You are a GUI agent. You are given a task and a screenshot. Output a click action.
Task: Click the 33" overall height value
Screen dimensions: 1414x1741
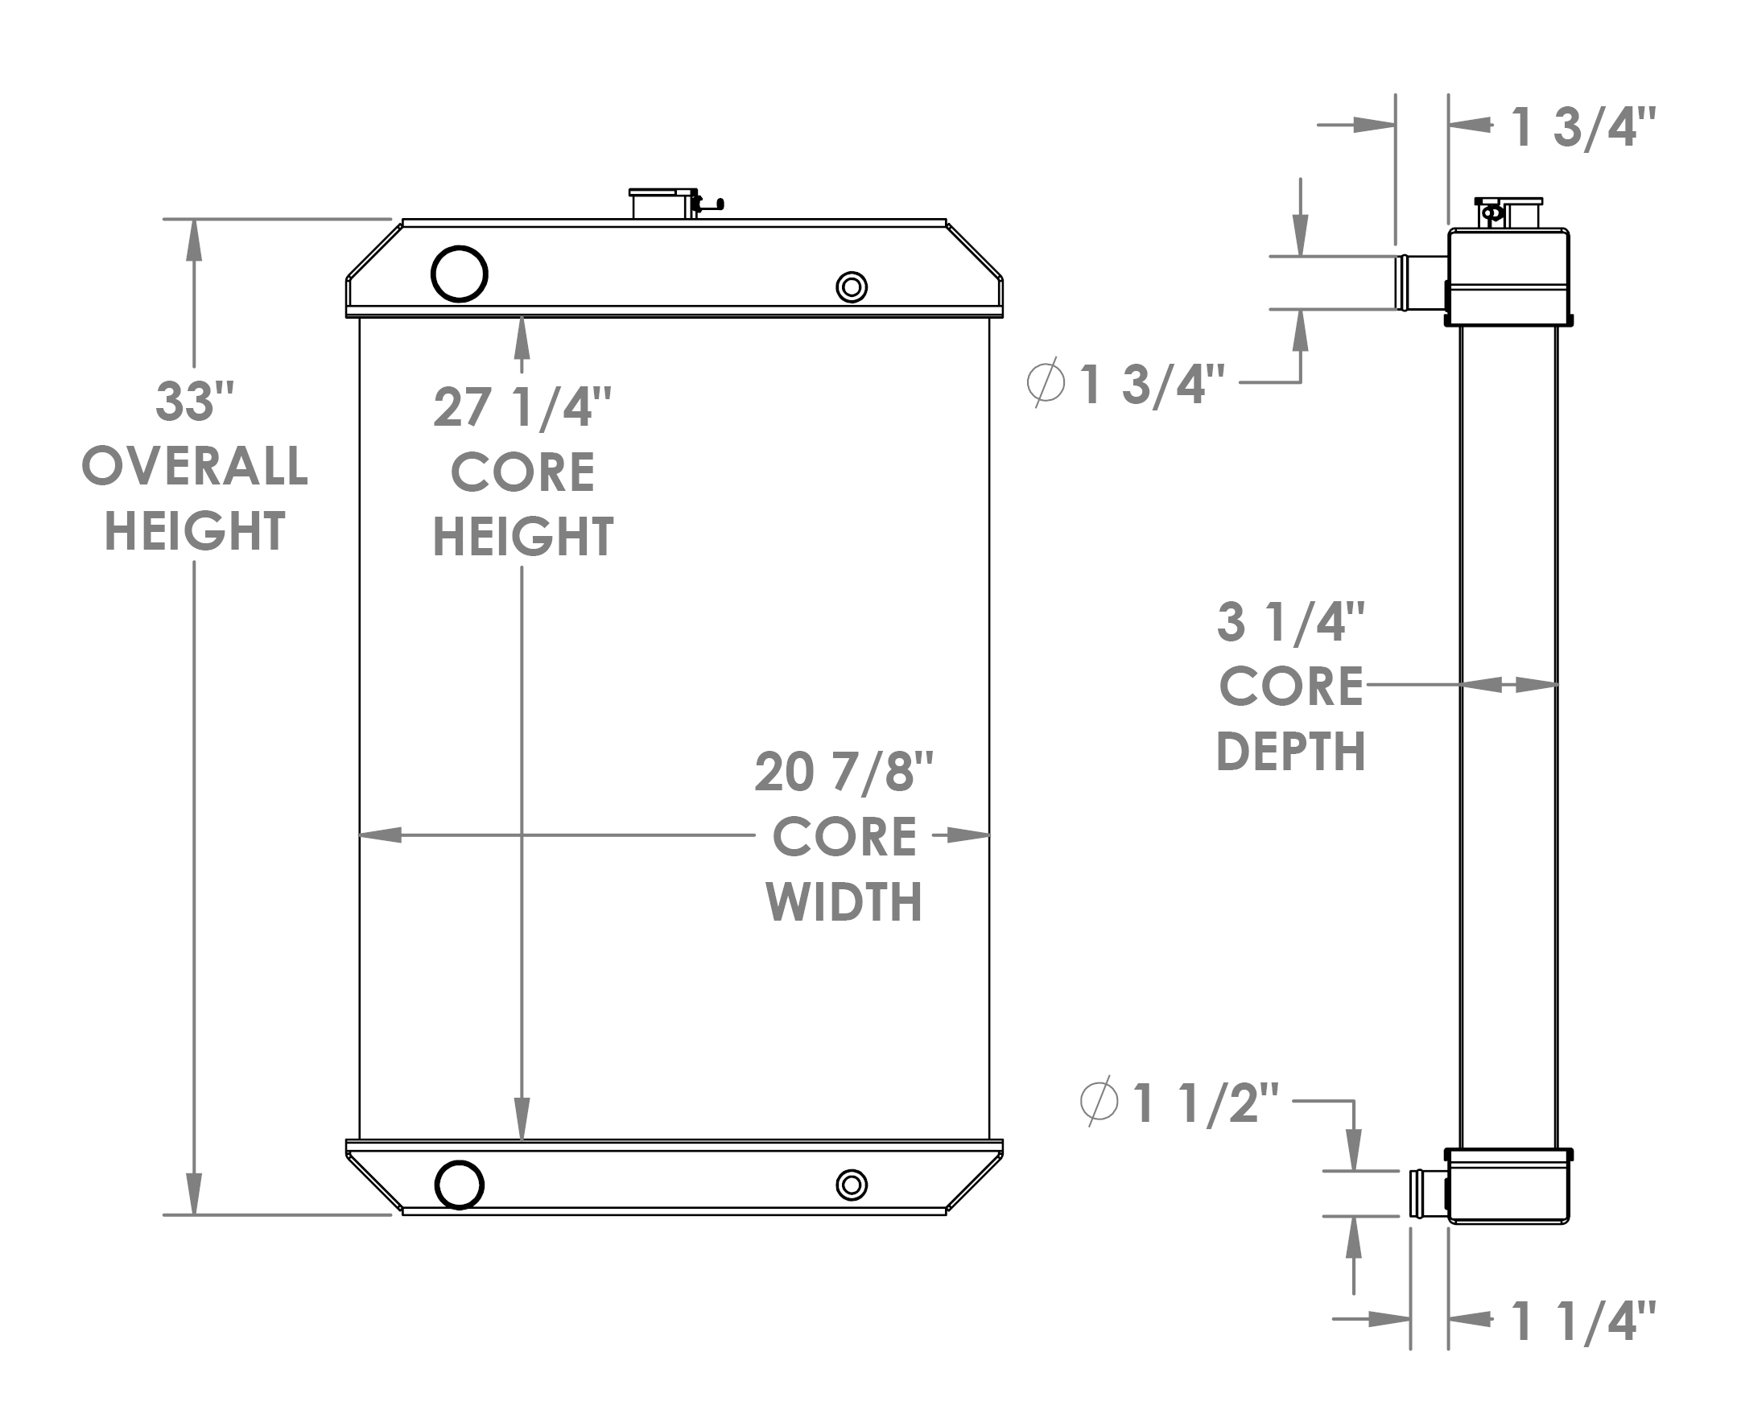(x=194, y=402)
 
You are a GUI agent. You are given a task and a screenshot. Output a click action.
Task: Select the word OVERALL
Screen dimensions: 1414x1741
(x=195, y=467)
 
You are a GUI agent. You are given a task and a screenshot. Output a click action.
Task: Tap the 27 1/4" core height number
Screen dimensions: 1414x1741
(x=522, y=407)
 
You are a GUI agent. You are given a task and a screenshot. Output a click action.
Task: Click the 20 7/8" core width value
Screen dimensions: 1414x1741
(x=844, y=771)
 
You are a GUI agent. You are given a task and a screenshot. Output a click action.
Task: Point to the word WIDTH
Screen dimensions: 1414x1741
(x=844, y=901)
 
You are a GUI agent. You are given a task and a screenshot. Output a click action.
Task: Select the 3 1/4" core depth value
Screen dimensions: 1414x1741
(x=1289, y=621)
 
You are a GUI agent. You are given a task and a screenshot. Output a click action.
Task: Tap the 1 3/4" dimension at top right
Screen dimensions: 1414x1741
(x=1582, y=128)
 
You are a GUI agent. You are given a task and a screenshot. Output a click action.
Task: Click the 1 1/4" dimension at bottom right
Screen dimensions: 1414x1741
(x=1582, y=1321)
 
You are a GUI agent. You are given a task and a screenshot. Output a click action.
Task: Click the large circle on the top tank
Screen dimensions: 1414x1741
(x=460, y=274)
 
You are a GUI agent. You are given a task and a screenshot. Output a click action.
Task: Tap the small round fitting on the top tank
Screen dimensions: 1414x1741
(x=852, y=287)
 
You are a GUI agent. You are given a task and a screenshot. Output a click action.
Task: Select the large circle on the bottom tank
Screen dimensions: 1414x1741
(x=460, y=1185)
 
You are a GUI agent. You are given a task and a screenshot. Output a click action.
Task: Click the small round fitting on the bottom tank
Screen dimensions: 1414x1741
(x=852, y=1185)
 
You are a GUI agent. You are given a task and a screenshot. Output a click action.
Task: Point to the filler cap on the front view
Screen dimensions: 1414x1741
(x=662, y=203)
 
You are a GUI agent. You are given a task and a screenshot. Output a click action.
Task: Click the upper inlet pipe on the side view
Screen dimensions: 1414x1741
(x=1422, y=282)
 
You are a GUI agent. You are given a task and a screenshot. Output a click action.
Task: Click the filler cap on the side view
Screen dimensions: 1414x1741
(x=1508, y=213)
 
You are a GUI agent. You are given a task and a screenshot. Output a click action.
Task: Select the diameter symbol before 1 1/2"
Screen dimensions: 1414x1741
(x=1099, y=1102)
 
